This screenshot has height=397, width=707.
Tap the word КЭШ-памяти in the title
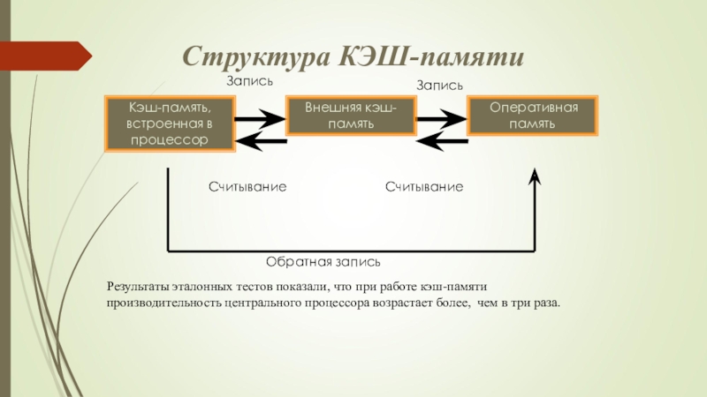coord(431,56)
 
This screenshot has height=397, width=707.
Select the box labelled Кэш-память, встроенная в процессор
coord(170,124)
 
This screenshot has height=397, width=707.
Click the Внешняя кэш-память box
coord(351,116)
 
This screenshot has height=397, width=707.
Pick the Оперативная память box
coord(533,116)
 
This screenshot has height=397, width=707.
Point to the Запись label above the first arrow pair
coord(249,81)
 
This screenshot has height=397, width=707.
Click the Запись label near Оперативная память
coord(439,85)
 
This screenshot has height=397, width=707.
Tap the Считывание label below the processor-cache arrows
coord(247,187)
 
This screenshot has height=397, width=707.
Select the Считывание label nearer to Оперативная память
coord(424,187)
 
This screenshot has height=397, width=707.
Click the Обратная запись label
coord(323,262)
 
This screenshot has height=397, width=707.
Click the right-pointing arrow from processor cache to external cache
coord(260,119)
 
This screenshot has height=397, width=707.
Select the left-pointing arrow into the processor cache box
coord(261,141)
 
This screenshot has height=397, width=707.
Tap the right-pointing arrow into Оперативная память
coord(441,119)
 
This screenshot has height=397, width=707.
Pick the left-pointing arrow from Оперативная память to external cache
coord(443,141)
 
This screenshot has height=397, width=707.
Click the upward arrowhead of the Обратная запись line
coord(535,176)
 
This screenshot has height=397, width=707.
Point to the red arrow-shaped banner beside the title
coord(46,56)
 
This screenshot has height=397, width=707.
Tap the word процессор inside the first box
coord(170,140)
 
